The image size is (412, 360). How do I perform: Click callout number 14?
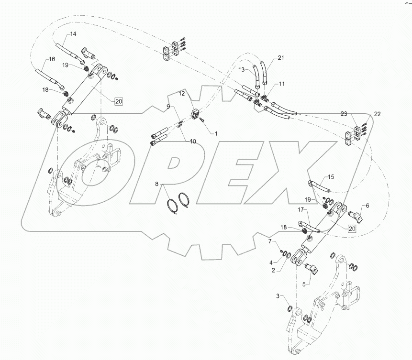pyautogui.click(x=73, y=33)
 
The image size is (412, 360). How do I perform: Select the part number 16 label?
pyautogui.click(x=50, y=60)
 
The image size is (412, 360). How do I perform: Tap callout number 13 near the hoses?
pyautogui.click(x=242, y=70)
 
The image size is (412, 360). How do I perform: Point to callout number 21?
pyautogui.click(x=280, y=58)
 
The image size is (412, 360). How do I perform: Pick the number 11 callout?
pyautogui.click(x=281, y=84)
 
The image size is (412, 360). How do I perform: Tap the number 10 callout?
pyautogui.click(x=193, y=141)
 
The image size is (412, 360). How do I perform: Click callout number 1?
pyautogui.click(x=215, y=134)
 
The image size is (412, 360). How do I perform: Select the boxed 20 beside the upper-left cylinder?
pyautogui.click(x=118, y=100)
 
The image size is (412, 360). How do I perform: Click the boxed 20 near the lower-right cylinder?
pyautogui.click(x=352, y=229)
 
